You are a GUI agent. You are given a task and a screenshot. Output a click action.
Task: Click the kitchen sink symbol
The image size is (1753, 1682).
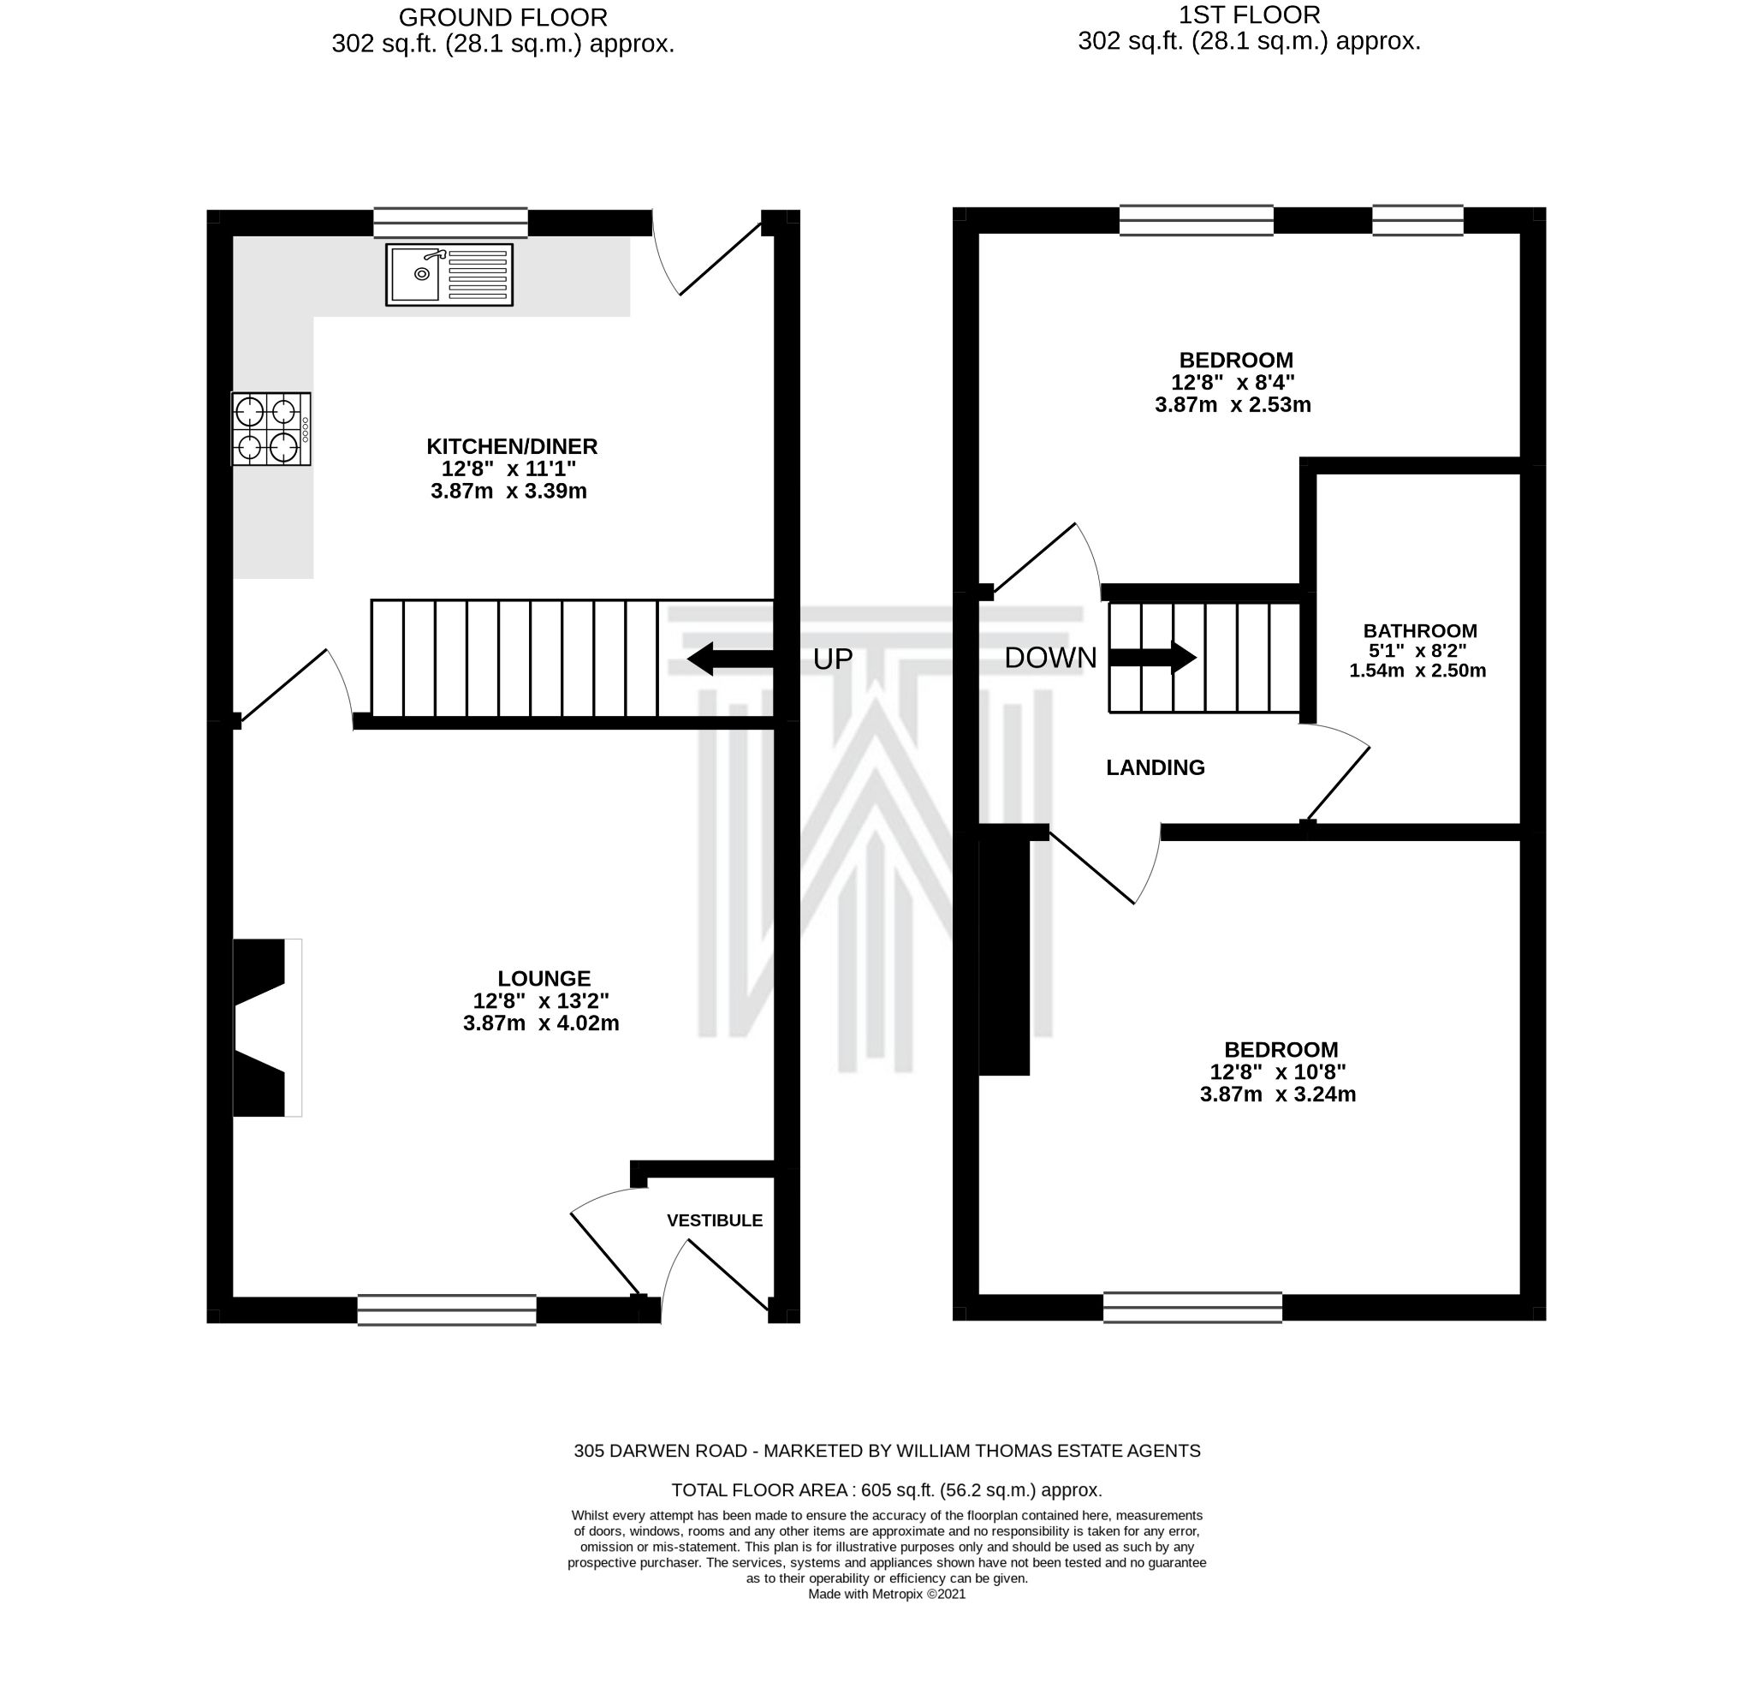pos(449,275)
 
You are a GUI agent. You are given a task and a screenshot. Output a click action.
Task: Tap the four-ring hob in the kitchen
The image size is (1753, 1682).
pos(271,428)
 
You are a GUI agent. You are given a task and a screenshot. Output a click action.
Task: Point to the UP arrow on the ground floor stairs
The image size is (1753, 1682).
pos(729,659)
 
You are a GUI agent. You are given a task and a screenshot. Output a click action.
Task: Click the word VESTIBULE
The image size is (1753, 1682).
pos(715,1220)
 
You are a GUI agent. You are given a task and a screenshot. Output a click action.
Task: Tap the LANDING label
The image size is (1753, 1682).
pos(1155,767)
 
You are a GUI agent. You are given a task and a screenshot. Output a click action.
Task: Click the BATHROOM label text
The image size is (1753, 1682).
pos(1419,630)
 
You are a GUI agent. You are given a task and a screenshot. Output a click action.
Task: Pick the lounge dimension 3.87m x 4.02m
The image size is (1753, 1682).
pos(541,1023)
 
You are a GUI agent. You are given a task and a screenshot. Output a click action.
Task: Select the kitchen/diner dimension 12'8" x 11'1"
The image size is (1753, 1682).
pos(508,468)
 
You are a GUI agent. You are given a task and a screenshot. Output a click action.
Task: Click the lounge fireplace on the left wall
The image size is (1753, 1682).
pos(265,1027)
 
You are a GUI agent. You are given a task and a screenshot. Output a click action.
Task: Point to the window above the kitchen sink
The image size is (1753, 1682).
pos(450,222)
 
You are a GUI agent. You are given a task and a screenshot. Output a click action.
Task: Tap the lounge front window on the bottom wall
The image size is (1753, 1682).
pos(446,1309)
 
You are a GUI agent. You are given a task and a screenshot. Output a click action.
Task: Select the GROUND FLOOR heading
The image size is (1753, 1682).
pos(502,17)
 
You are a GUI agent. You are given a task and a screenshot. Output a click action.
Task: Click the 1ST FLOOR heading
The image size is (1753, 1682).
pos(1249,15)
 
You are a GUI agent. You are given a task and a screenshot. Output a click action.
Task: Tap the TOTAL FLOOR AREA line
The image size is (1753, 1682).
pos(885,1490)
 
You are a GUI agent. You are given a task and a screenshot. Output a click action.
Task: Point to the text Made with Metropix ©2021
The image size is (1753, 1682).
pos(886,1595)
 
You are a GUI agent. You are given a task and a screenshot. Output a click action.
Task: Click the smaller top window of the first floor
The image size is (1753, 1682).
pos(1417,220)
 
